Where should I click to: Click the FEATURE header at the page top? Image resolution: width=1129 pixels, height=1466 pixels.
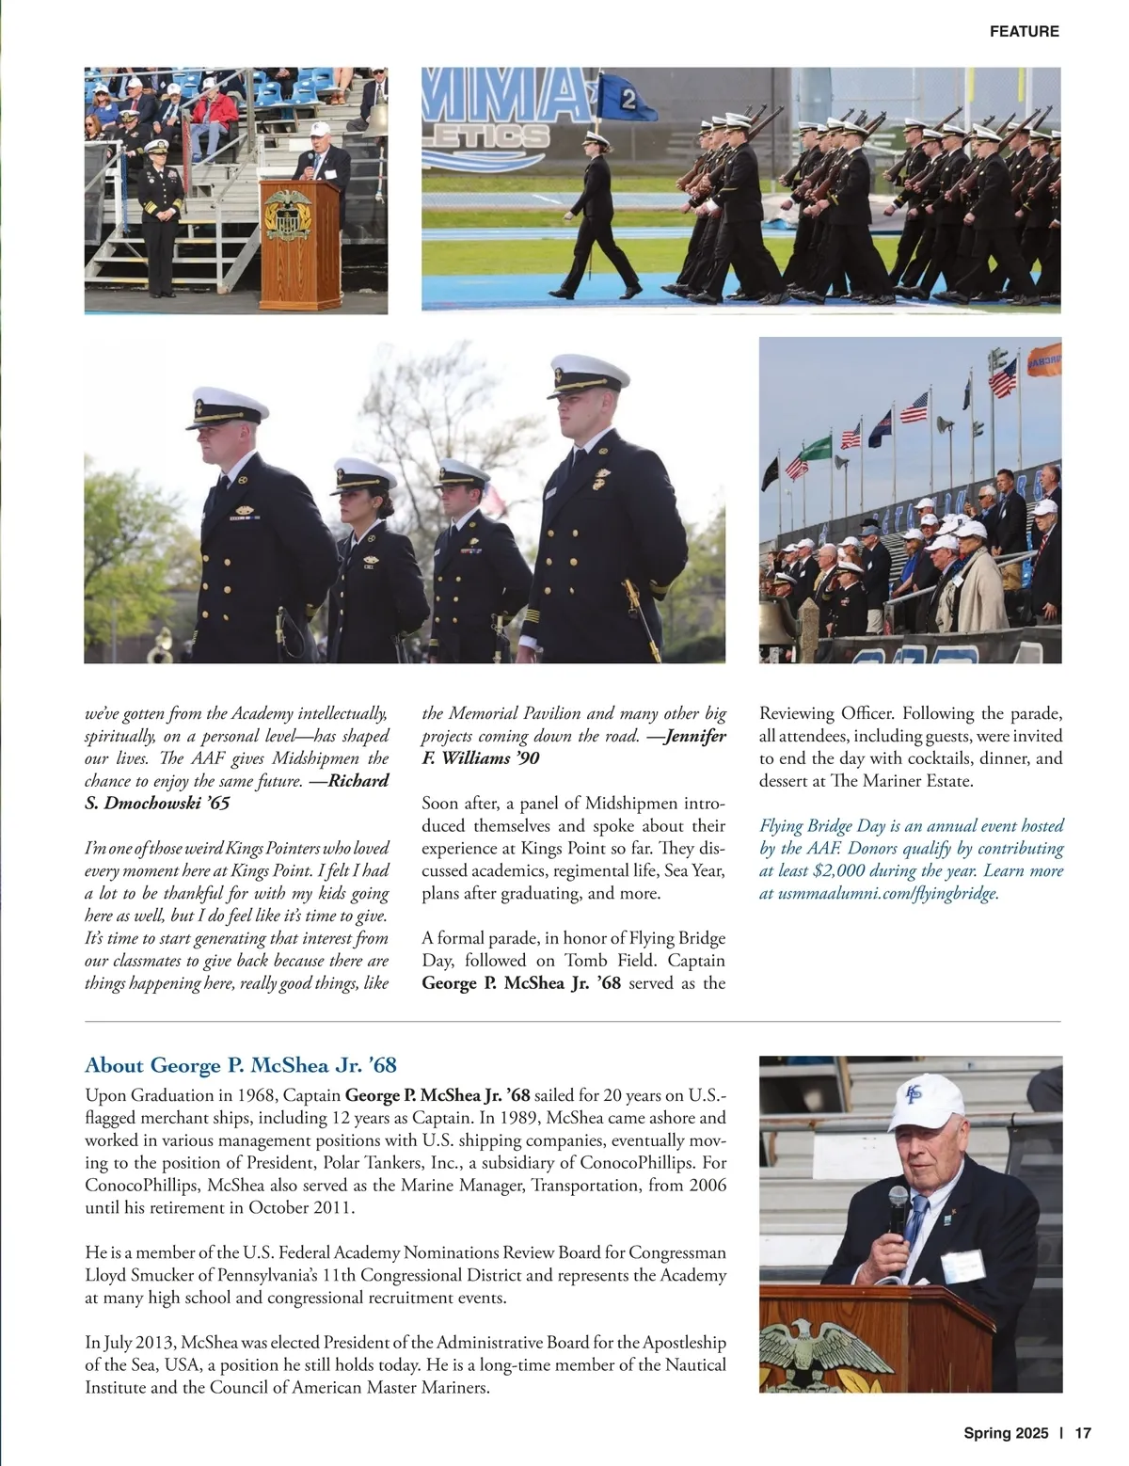1024,31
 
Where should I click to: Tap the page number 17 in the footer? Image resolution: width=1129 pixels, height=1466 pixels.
1082,1433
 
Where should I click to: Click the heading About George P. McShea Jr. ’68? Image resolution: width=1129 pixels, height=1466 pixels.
241,1065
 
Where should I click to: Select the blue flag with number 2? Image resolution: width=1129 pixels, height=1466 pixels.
617,95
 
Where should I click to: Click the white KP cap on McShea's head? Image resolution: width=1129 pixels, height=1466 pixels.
926,1102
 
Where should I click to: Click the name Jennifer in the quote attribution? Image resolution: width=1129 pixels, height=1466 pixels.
695,736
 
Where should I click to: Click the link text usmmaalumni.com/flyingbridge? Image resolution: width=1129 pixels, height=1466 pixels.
887,893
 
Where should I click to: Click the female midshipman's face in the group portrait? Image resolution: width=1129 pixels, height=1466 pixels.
363,501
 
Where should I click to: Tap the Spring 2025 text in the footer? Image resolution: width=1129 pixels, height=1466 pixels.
1005,1433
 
